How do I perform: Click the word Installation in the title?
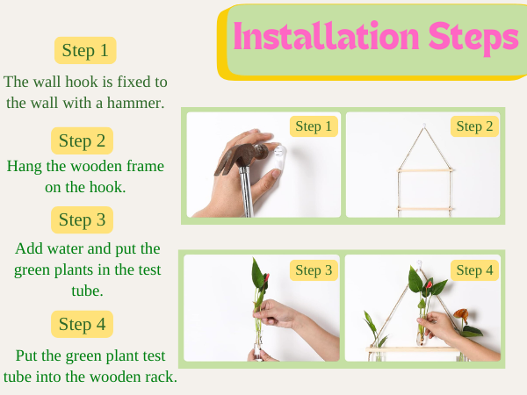pyautogui.click(x=326, y=36)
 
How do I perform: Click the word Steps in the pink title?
pyautogui.click(x=473, y=38)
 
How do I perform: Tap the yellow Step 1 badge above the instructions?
pyautogui.click(x=85, y=50)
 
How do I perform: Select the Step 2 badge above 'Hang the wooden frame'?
pyautogui.click(x=82, y=140)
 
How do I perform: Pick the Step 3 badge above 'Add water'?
pyautogui.click(x=82, y=220)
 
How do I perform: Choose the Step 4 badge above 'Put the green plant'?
pyautogui.click(x=82, y=324)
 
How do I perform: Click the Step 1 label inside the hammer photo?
pyautogui.click(x=314, y=126)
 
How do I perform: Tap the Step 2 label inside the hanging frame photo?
pyautogui.click(x=474, y=126)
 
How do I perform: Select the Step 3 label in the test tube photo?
pyautogui.click(x=314, y=270)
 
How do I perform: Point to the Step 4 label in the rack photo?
pyautogui.click(x=474, y=270)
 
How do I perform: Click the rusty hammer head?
pyautogui.click(x=241, y=155)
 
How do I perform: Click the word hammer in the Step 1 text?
pyautogui.click(x=135, y=103)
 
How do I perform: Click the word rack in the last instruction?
pyautogui.click(x=161, y=377)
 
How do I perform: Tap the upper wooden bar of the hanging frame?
pyautogui.click(x=425, y=170)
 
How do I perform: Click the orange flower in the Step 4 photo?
pyautogui.click(x=462, y=315)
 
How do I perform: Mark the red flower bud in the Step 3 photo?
pyautogui.click(x=266, y=278)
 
